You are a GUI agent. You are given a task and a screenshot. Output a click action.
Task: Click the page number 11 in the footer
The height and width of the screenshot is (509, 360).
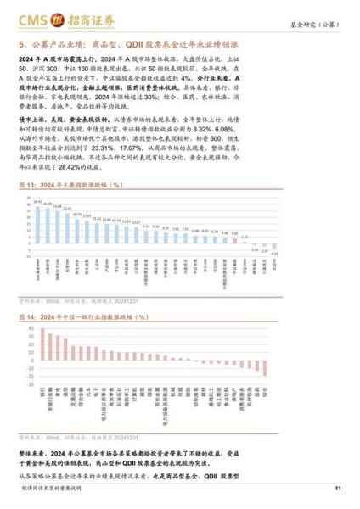(x=338, y=488)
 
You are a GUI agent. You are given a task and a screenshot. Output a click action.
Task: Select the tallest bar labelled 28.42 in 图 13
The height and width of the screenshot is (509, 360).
(x=38, y=221)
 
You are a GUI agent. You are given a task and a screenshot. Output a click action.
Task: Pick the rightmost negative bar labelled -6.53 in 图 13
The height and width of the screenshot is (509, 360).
(x=274, y=248)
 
